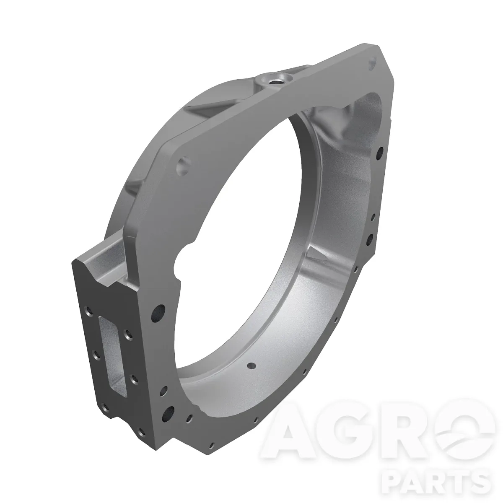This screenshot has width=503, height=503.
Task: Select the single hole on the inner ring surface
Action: click(x=251, y=365)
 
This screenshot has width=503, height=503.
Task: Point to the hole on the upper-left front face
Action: click(x=184, y=165)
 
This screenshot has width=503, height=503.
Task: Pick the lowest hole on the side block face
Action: click(x=142, y=433)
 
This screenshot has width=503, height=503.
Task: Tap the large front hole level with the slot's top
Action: click(x=158, y=313)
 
